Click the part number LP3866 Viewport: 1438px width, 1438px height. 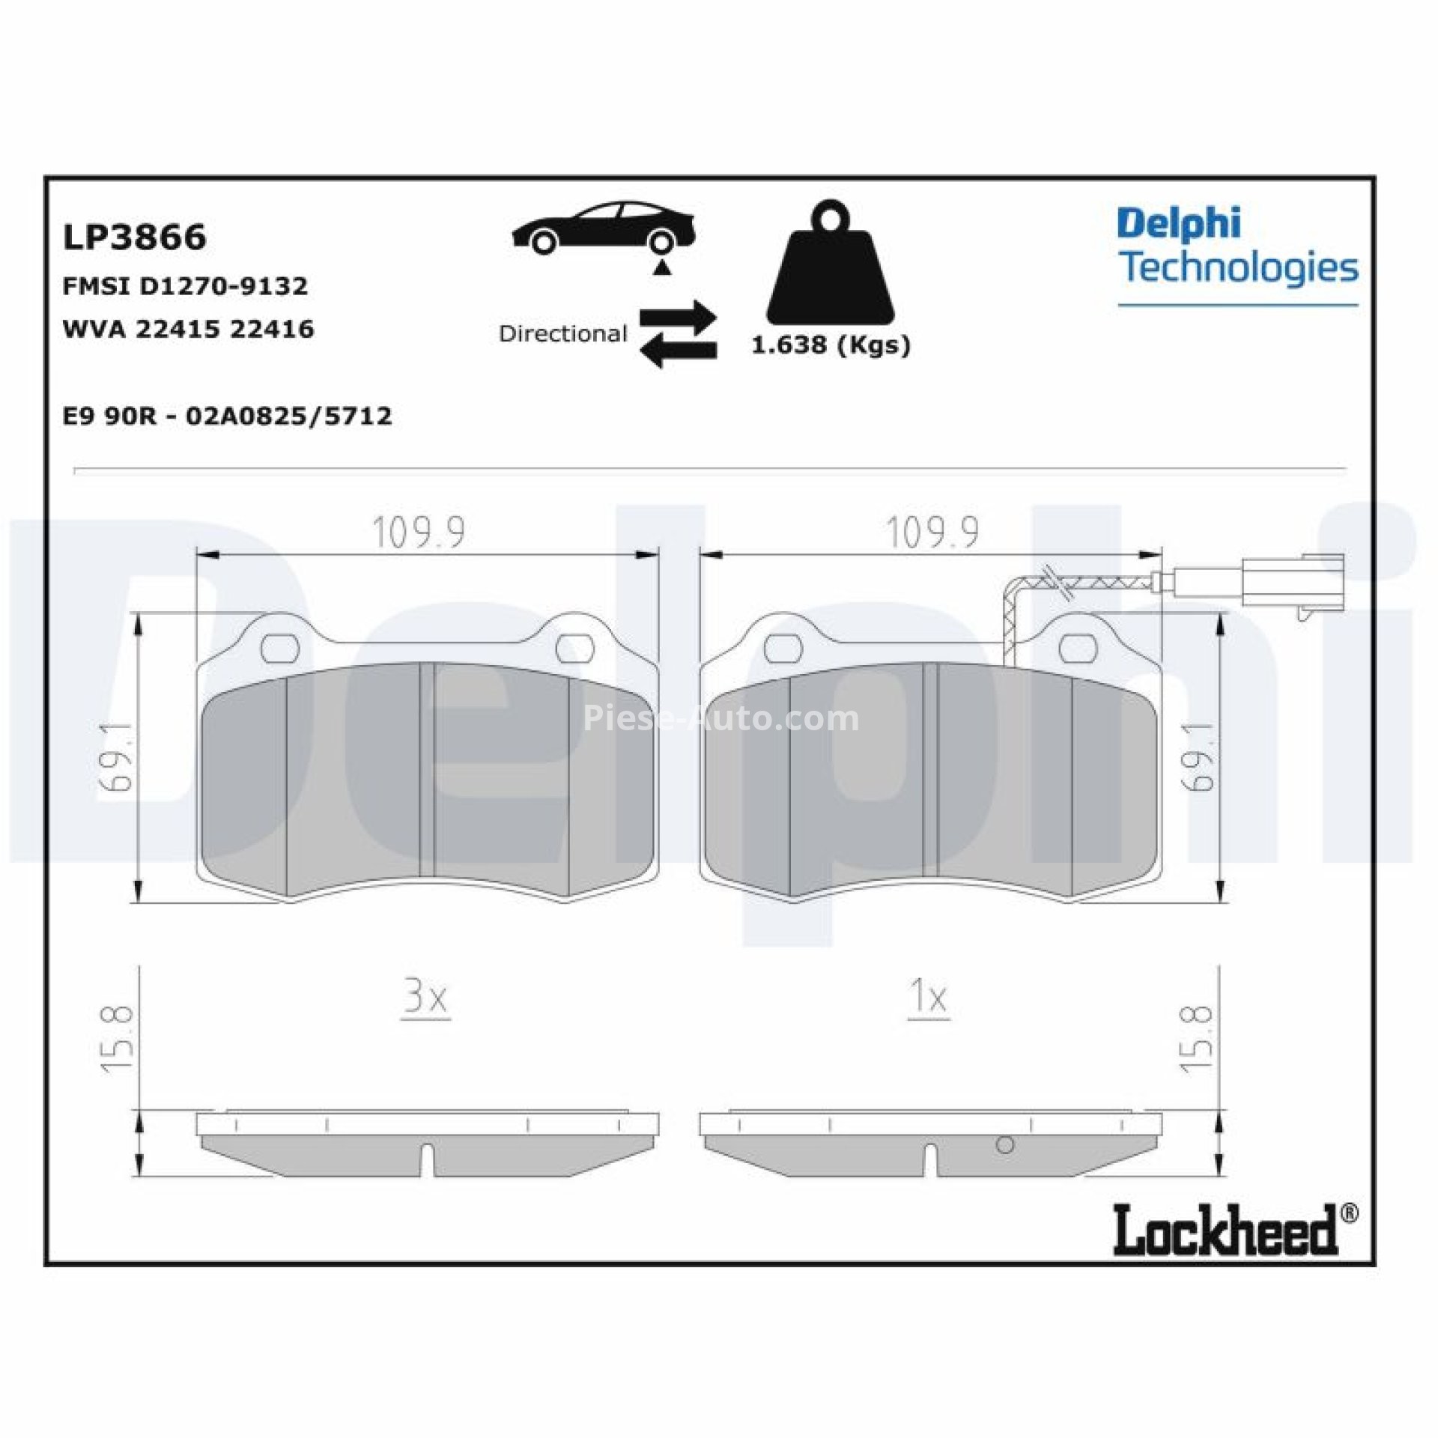(134, 237)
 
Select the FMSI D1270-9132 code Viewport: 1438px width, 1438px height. (185, 286)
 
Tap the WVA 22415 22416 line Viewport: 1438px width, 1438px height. (188, 329)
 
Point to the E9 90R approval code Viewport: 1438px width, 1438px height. (227, 416)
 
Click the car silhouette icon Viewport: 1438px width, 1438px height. (604, 227)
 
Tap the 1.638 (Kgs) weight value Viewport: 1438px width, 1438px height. (830, 345)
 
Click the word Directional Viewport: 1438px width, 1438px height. (562, 334)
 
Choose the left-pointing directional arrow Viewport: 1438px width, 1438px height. (679, 350)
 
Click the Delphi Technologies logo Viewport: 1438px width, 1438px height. (1237, 247)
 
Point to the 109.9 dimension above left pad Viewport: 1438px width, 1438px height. (419, 533)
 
